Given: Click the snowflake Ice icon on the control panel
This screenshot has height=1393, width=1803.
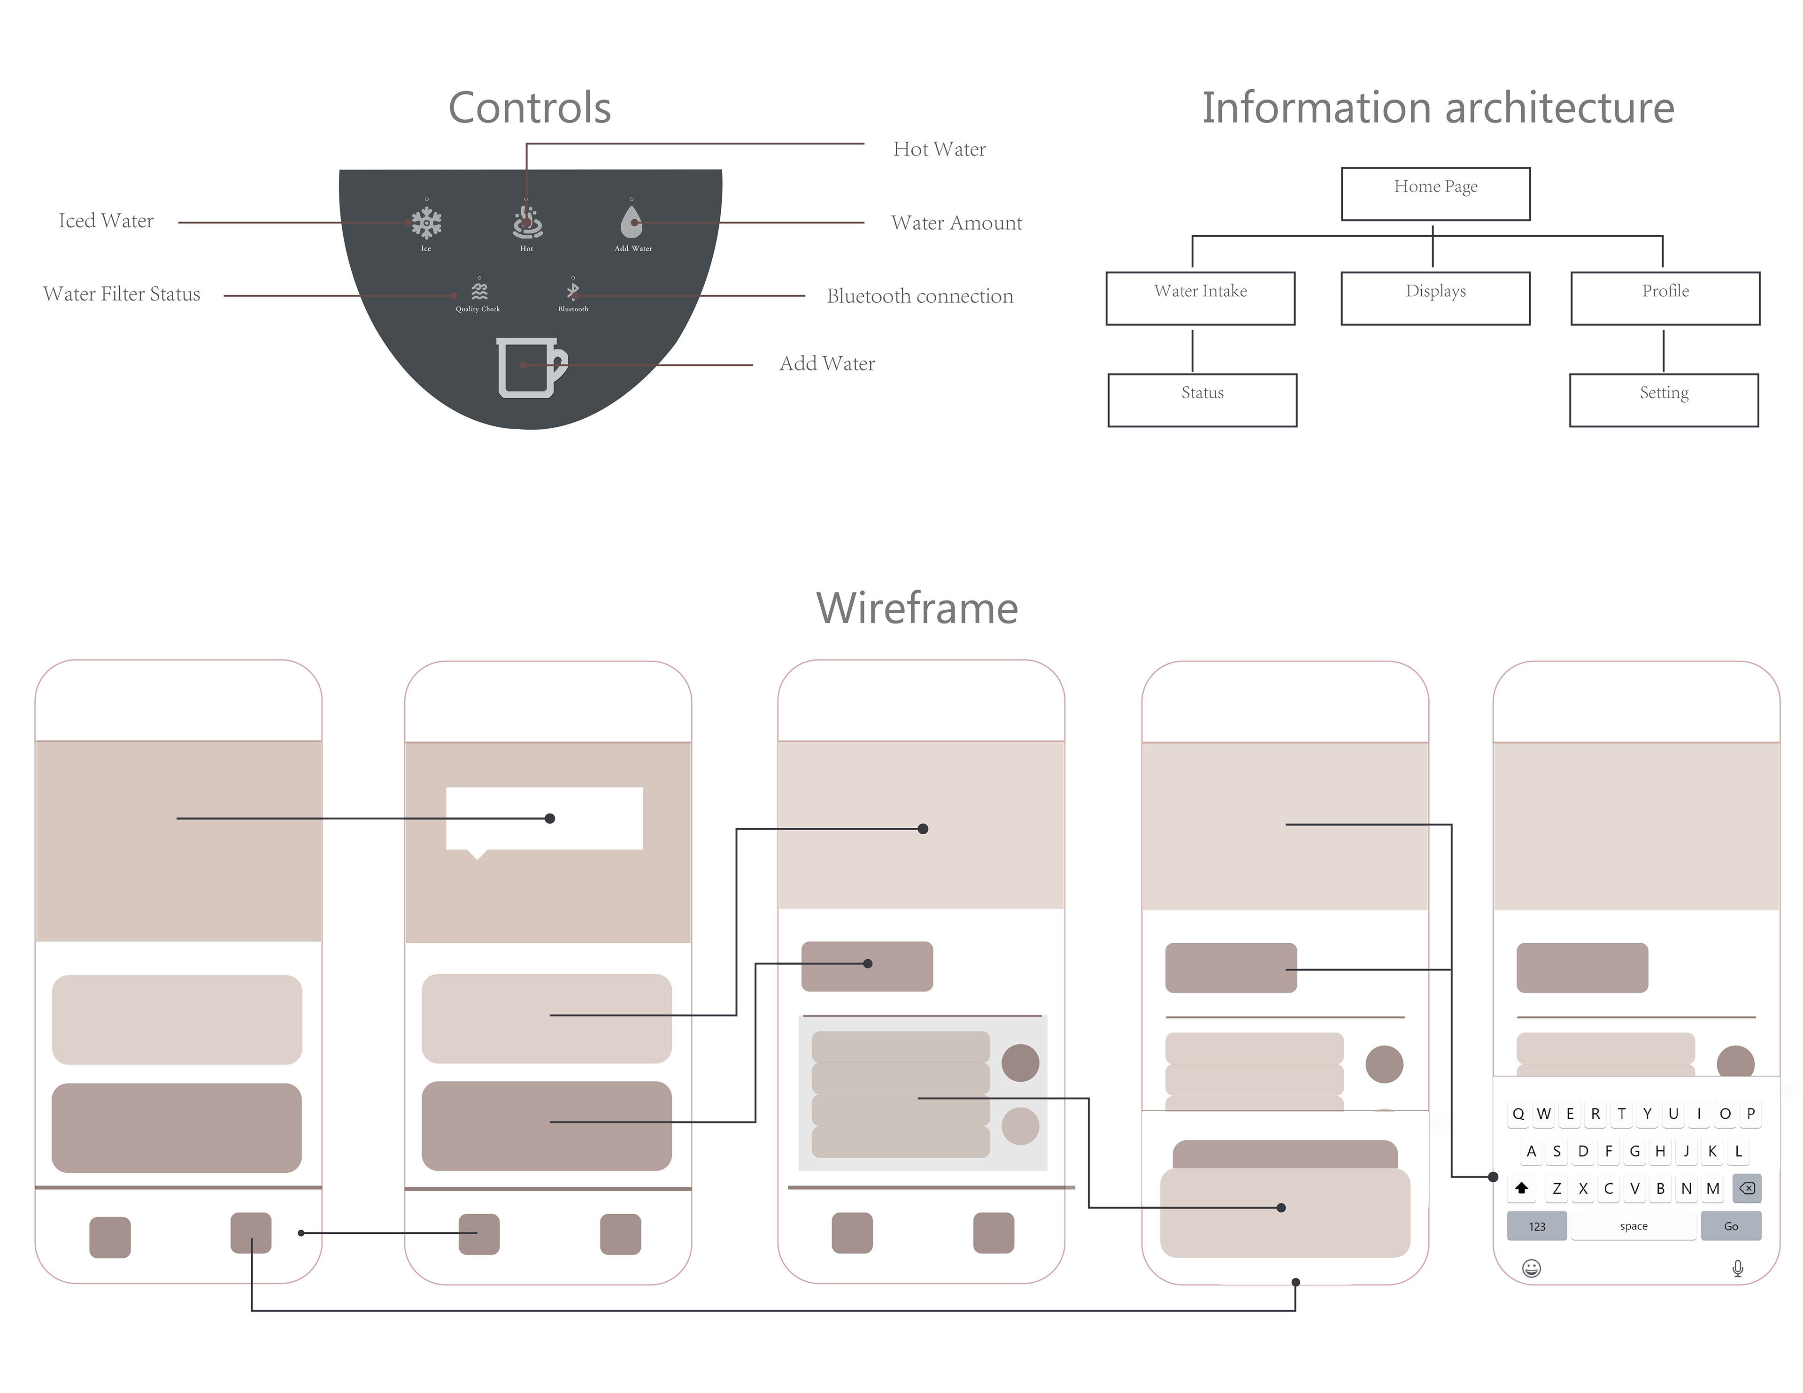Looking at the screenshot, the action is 426,222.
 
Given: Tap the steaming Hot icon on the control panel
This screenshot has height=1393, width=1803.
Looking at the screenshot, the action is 527,221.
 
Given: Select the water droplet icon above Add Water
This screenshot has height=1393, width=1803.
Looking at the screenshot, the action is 632,221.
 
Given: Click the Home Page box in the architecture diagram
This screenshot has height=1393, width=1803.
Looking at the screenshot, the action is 1436,194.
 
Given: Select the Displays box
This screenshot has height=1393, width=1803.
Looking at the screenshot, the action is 1436,298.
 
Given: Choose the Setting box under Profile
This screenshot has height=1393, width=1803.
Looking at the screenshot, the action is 1664,400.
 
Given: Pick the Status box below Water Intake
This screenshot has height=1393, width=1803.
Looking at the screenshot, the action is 1202,400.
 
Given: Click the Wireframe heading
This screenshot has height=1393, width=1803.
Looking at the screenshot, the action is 917,608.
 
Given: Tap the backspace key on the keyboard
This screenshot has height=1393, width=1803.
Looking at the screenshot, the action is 1747,1188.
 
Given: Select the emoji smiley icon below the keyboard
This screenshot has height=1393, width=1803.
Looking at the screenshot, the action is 1532,1268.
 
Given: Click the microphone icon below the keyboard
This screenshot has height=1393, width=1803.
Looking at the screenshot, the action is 1738,1268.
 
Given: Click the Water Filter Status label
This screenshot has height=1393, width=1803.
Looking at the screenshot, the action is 122,294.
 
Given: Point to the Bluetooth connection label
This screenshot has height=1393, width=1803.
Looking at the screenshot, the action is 920,296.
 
